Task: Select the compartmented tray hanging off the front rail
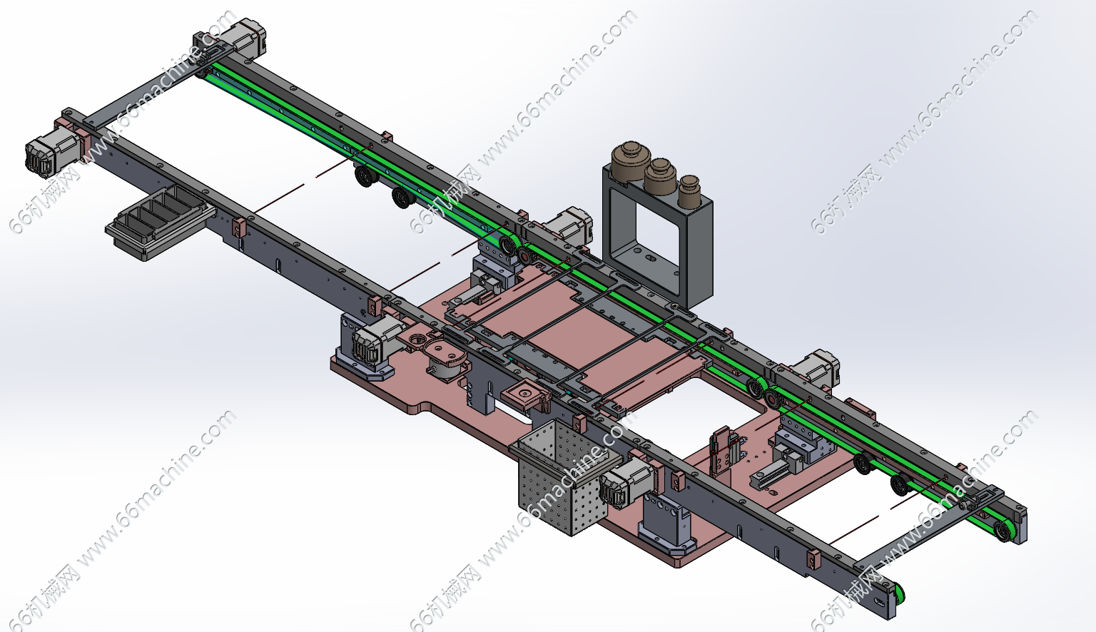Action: [x=160, y=222]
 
